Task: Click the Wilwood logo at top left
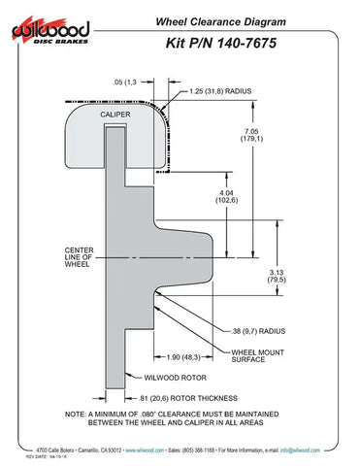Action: tap(50, 33)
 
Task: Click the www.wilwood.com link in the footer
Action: tap(157, 451)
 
